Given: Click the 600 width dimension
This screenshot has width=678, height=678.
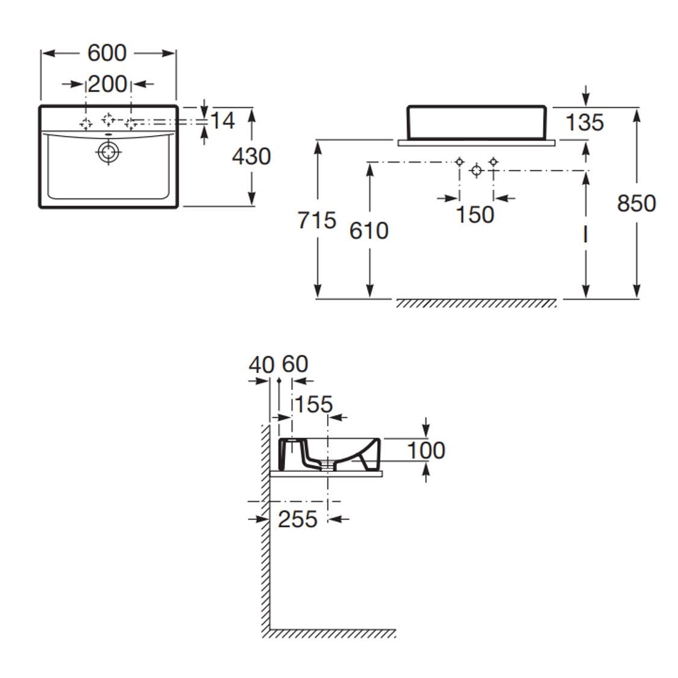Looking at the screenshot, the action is tap(107, 53).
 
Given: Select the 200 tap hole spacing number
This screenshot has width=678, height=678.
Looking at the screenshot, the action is tap(108, 84).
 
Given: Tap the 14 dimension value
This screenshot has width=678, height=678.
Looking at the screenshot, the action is tap(222, 121).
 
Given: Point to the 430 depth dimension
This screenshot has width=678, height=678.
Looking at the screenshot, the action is tap(251, 156).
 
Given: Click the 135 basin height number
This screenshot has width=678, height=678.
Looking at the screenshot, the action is tap(585, 122).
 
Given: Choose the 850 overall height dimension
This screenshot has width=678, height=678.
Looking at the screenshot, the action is tap(636, 203).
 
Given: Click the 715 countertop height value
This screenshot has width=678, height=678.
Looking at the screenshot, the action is tap(316, 221).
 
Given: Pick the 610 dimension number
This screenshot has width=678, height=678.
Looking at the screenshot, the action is tap(369, 231).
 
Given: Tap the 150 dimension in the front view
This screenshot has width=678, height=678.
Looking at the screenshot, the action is tap(476, 215).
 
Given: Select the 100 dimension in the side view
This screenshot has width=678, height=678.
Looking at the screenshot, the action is tap(426, 451).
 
